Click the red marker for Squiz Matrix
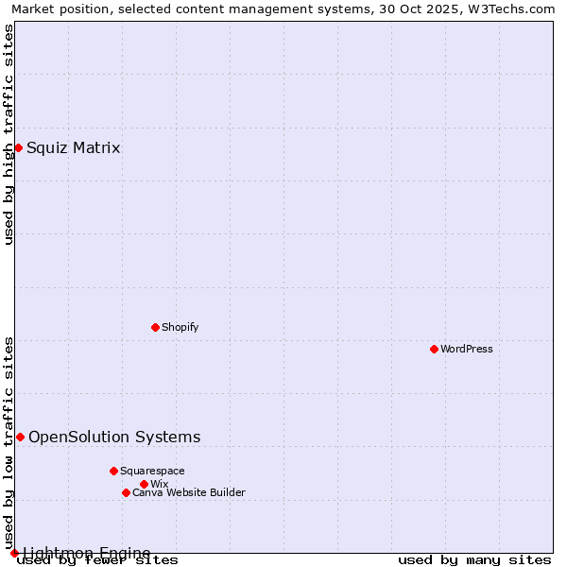pyautogui.click(x=18, y=147)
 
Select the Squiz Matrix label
pyautogui.click(x=73, y=147)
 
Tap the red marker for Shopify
pyautogui.click(x=155, y=327)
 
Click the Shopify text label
pyautogui.click(x=180, y=327)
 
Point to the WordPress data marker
pyautogui.click(x=434, y=349)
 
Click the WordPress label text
pyautogui.click(x=467, y=349)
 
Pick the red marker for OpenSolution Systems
pyautogui.click(x=20, y=437)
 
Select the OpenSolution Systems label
pyautogui.click(x=114, y=437)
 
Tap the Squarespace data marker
pyautogui.click(x=113, y=471)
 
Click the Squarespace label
pyautogui.click(x=152, y=471)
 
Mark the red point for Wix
pyautogui.click(x=144, y=484)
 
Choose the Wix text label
pyautogui.click(x=159, y=484)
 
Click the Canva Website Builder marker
pyautogui.click(x=126, y=492)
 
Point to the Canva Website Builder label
pyautogui.click(x=188, y=492)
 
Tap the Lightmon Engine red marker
pyautogui.click(x=14, y=553)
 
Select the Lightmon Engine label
pyautogui.click(x=86, y=553)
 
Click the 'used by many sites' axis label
pyautogui.click(x=474, y=560)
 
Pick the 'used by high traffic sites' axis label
pyautogui.click(x=9, y=134)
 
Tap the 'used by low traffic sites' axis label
pyautogui.click(x=9, y=443)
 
